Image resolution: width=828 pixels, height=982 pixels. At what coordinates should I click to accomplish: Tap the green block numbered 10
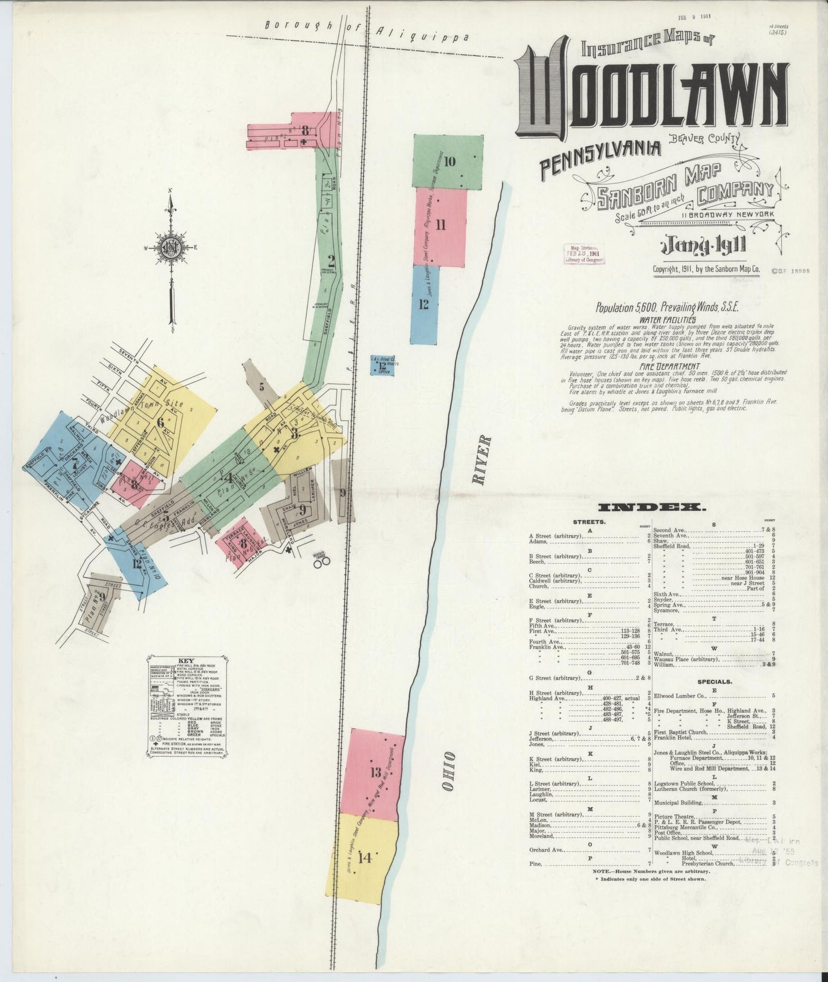[449, 162]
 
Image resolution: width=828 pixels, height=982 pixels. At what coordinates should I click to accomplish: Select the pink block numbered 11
[440, 226]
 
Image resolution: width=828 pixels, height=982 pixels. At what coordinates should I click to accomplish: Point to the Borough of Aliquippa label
[367, 31]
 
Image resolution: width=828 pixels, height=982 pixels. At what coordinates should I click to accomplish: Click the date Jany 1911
[703, 246]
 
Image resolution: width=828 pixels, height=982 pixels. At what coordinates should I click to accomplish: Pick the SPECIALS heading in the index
[714, 682]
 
